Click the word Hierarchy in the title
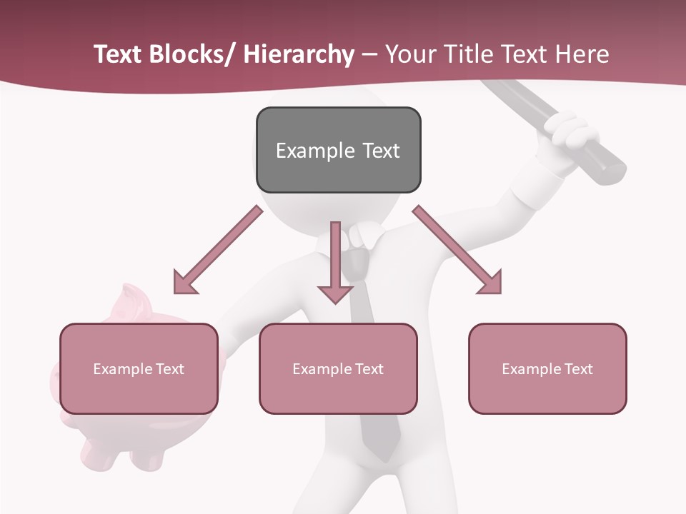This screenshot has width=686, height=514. click(298, 54)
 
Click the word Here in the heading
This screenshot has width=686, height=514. click(580, 54)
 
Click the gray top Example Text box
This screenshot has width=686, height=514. click(338, 150)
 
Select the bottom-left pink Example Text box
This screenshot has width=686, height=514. click(139, 368)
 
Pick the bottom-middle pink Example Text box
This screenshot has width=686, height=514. click(338, 368)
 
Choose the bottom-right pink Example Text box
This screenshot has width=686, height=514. click(547, 368)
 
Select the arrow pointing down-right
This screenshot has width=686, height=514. click(458, 251)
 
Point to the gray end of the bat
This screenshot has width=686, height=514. click(612, 170)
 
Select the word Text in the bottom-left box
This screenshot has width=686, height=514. click(169, 369)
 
